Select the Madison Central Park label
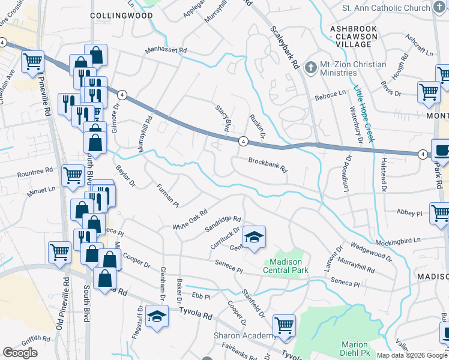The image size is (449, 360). (x=285, y=266)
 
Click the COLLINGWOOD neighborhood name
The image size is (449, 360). (x=122, y=15)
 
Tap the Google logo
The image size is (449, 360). (x=20, y=352)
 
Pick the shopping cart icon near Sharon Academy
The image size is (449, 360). (x=285, y=325)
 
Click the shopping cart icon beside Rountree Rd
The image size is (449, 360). (x=73, y=175)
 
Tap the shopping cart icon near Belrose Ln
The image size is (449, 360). (x=429, y=92)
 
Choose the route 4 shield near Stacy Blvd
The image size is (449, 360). (x=243, y=141)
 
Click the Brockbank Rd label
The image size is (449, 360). (x=268, y=165)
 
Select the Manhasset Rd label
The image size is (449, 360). (x=166, y=50)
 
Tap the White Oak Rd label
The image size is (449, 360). (x=190, y=220)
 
